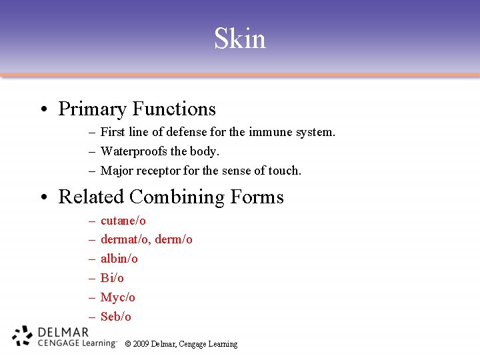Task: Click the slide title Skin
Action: pyautogui.click(x=240, y=39)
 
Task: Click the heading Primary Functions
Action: pyautogui.click(x=137, y=109)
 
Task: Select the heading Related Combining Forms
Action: pyautogui.click(x=171, y=197)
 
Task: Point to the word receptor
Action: pyautogui.click(x=157, y=171)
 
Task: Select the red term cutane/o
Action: pyautogui.click(x=123, y=221)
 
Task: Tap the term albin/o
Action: pyautogui.click(x=119, y=259)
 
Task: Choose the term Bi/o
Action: pyautogui.click(x=112, y=278)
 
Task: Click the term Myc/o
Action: pyautogui.click(x=117, y=297)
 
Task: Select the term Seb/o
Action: pyautogui.click(x=115, y=317)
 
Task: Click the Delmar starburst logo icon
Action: pyautogui.click(x=22, y=336)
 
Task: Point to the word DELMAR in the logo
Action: pyautogui.click(x=63, y=332)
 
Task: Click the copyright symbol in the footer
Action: pyautogui.click(x=128, y=344)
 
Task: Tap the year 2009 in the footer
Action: pyautogui.click(x=141, y=344)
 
